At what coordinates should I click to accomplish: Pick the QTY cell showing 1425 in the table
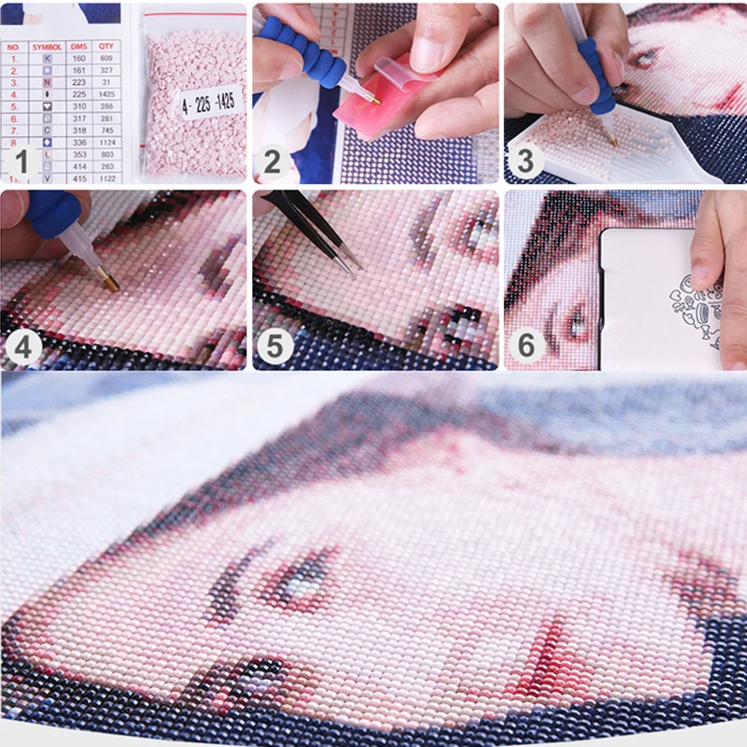[x=107, y=93]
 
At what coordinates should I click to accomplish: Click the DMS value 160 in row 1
[x=78, y=57]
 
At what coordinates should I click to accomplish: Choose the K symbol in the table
[x=48, y=57]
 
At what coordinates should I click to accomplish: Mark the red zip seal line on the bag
[x=194, y=12]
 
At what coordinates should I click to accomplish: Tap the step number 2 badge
[x=272, y=162]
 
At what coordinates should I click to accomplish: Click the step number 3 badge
[x=525, y=162]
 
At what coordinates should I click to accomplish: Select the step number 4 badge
[x=21, y=348]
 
